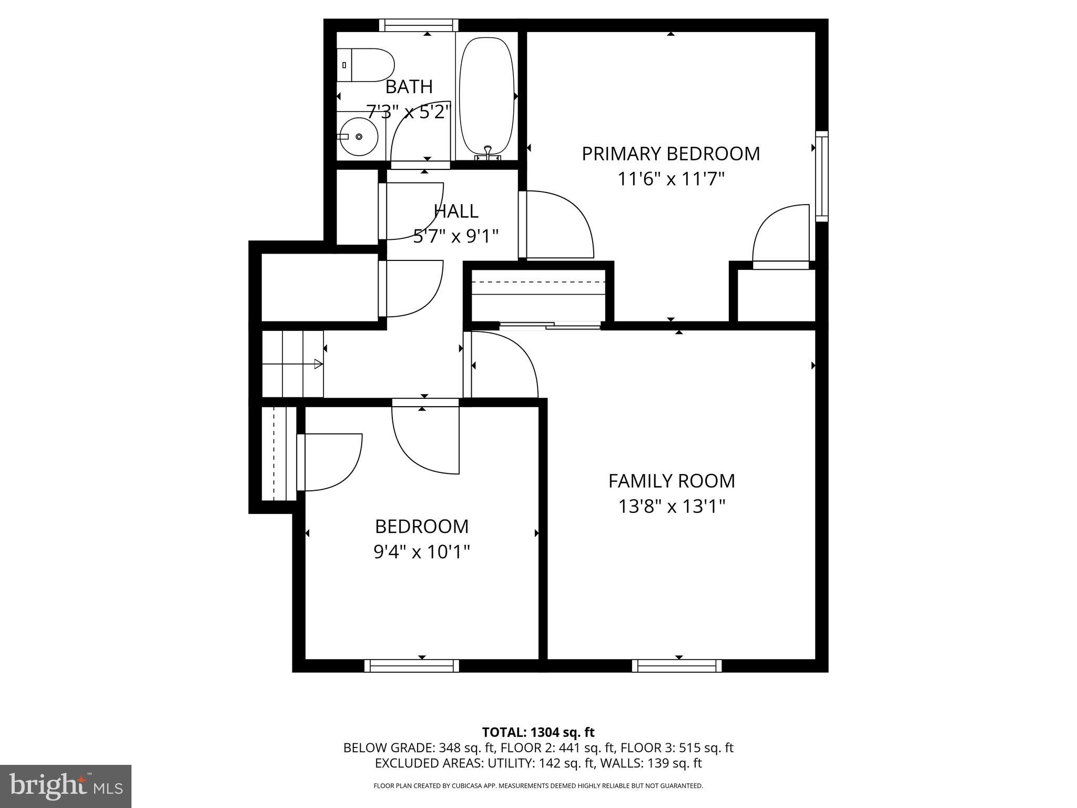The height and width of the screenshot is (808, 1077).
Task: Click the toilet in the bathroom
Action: tap(366, 65)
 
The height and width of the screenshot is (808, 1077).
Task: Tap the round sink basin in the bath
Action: tap(359, 137)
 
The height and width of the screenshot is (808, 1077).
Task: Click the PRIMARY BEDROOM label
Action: tap(670, 154)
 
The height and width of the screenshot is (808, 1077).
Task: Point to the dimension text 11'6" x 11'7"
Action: tap(670, 179)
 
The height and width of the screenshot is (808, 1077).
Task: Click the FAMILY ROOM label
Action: tap(672, 481)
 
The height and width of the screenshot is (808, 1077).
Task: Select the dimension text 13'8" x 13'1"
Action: tap(672, 507)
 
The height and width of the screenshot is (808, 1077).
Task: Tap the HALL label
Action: tap(456, 211)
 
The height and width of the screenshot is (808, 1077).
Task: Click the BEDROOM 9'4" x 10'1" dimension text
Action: tap(421, 552)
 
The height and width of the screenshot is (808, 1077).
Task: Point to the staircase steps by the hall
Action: tap(292, 363)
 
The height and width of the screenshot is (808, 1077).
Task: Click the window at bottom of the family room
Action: tap(677, 666)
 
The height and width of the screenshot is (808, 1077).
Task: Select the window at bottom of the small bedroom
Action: tap(412, 666)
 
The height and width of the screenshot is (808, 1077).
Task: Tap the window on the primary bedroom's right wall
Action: tap(821, 176)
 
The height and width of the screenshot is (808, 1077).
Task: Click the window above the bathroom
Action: tap(419, 25)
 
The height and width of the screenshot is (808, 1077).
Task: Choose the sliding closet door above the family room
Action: tap(550, 326)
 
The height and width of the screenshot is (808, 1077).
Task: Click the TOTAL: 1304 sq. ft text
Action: tap(538, 732)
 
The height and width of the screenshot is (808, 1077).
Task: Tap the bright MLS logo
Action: tap(66, 786)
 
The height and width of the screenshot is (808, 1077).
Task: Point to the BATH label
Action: tap(409, 86)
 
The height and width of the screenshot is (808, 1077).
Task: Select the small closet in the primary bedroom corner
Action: tap(776, 295)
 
